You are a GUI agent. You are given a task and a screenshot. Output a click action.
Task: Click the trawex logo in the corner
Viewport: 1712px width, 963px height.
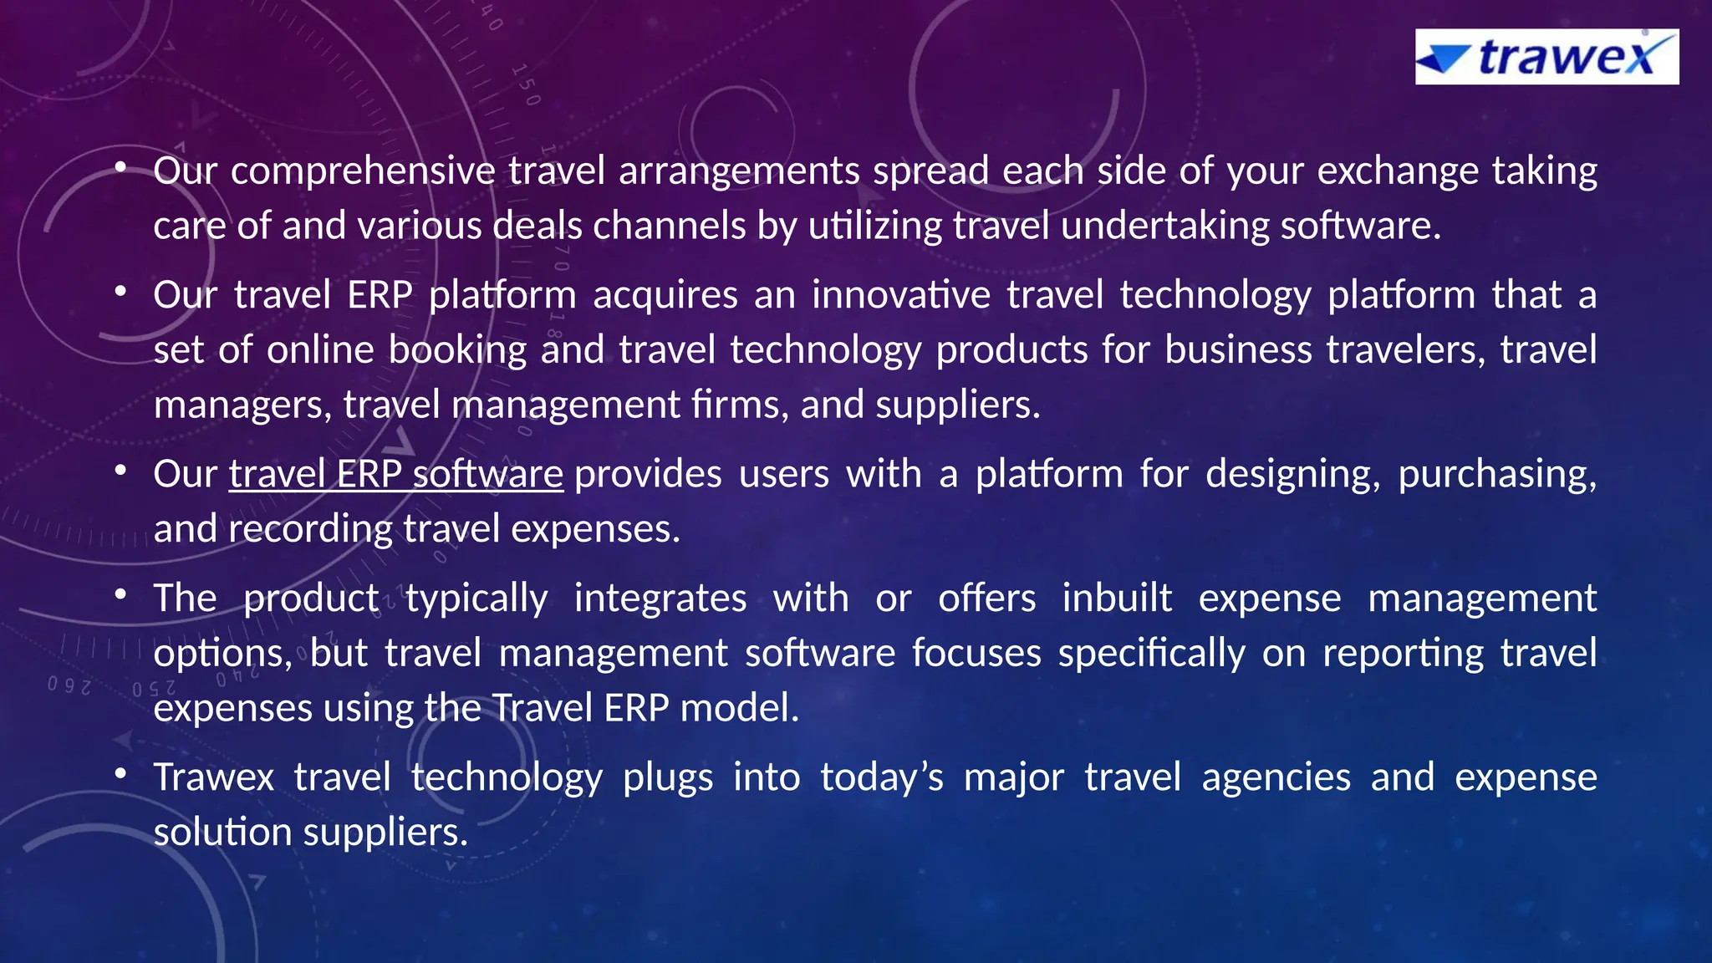(x=1546, y=57)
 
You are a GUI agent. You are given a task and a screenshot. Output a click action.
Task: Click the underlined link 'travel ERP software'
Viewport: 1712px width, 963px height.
(x=395, y=474)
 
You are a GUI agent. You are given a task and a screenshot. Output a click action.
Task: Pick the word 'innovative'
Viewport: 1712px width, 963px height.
(x=901, y=295)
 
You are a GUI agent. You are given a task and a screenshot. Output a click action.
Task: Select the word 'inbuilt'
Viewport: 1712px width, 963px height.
(x=1117, y=599)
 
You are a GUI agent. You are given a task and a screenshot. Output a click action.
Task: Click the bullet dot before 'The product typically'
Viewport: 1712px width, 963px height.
(x=121, y=594)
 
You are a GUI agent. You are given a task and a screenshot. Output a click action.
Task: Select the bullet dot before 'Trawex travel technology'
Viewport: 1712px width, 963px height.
(x=121, y=773)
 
